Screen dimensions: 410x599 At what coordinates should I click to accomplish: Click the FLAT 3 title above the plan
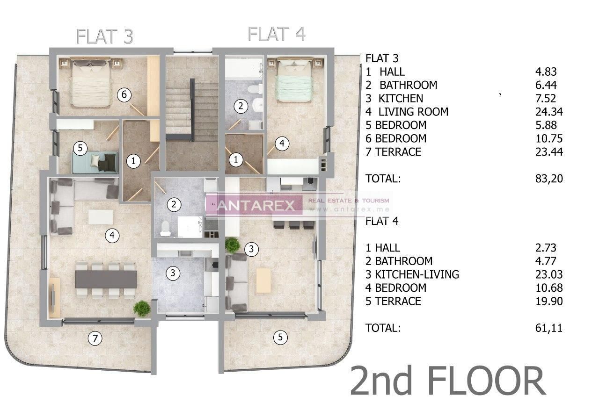[105, 36]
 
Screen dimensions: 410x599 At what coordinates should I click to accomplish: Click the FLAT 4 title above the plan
[277, 34]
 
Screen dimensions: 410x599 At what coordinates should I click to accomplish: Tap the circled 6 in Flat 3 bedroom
[124, 95]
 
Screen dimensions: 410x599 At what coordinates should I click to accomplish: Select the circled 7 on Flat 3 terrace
[95, 338]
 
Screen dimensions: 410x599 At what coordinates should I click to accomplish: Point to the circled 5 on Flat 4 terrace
[280, 337]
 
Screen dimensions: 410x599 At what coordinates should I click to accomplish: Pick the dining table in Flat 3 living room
[106, 280]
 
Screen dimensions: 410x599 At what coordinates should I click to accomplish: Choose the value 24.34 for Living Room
[548, 112]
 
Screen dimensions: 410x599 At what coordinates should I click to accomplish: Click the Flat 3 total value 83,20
[548, 178]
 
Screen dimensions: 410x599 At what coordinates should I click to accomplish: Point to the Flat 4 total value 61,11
[548, 328]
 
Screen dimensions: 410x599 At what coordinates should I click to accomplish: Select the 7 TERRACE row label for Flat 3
[394, 151]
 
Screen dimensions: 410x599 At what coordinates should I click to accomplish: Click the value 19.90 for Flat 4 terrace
[548, 301]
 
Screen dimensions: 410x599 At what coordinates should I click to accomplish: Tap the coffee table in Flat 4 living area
[263, 281]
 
